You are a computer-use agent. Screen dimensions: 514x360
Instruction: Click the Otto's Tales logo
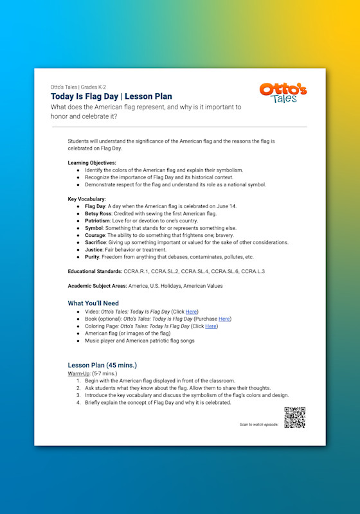coord(283,93)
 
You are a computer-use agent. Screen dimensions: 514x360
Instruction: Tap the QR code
coord(294,418)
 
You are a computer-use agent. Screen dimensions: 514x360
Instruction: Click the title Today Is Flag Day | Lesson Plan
coord(111,96)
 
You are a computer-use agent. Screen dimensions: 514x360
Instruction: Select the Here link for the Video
coord(191,311)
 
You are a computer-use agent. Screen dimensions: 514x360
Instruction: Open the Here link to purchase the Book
coord(224,319)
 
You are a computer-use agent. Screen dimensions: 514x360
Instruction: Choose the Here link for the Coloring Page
coord(211,326)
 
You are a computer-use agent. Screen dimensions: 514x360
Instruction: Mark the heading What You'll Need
coord(93,303)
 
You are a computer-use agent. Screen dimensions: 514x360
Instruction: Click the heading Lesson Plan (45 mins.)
coord(102,364)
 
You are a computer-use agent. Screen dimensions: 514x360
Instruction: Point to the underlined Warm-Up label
coord(80,373)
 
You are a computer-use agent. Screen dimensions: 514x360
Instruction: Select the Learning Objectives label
coord(92,163)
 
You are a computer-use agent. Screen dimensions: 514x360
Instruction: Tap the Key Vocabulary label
coord(87,199)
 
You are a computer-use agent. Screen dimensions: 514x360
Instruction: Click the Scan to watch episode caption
coord(259,425)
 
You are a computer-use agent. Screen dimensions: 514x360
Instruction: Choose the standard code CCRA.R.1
coord(136,271)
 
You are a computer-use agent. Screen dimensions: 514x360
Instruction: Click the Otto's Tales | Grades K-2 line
coord(79,87)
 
